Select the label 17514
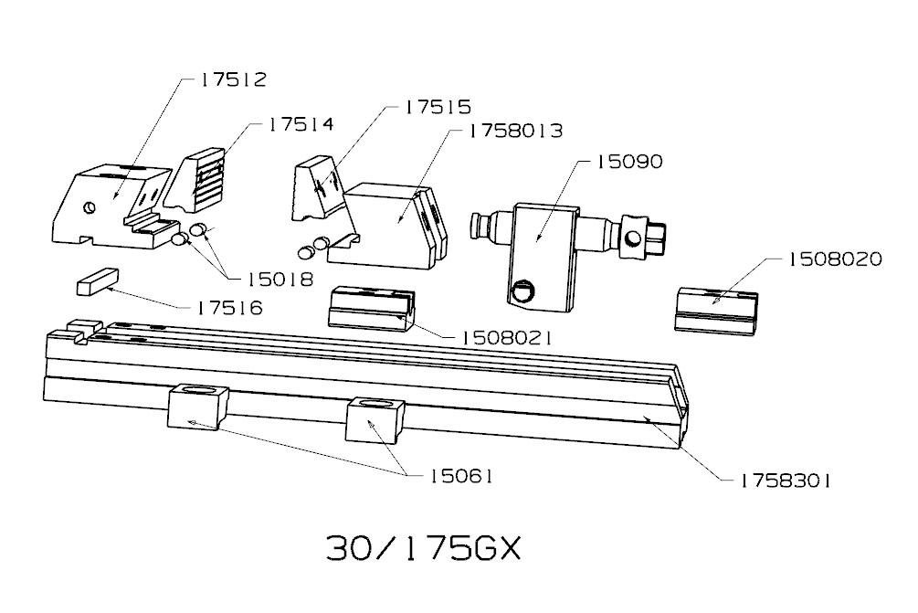[x=301, y=124]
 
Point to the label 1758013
[x=514, y=132]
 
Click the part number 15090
[x=629, y=162]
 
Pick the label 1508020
[x=835, y=259]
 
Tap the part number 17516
[x=229, y=309]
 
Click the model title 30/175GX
[x=422, y=549]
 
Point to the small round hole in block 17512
[x=88, y=206]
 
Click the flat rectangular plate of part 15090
[x=543, y=247]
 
